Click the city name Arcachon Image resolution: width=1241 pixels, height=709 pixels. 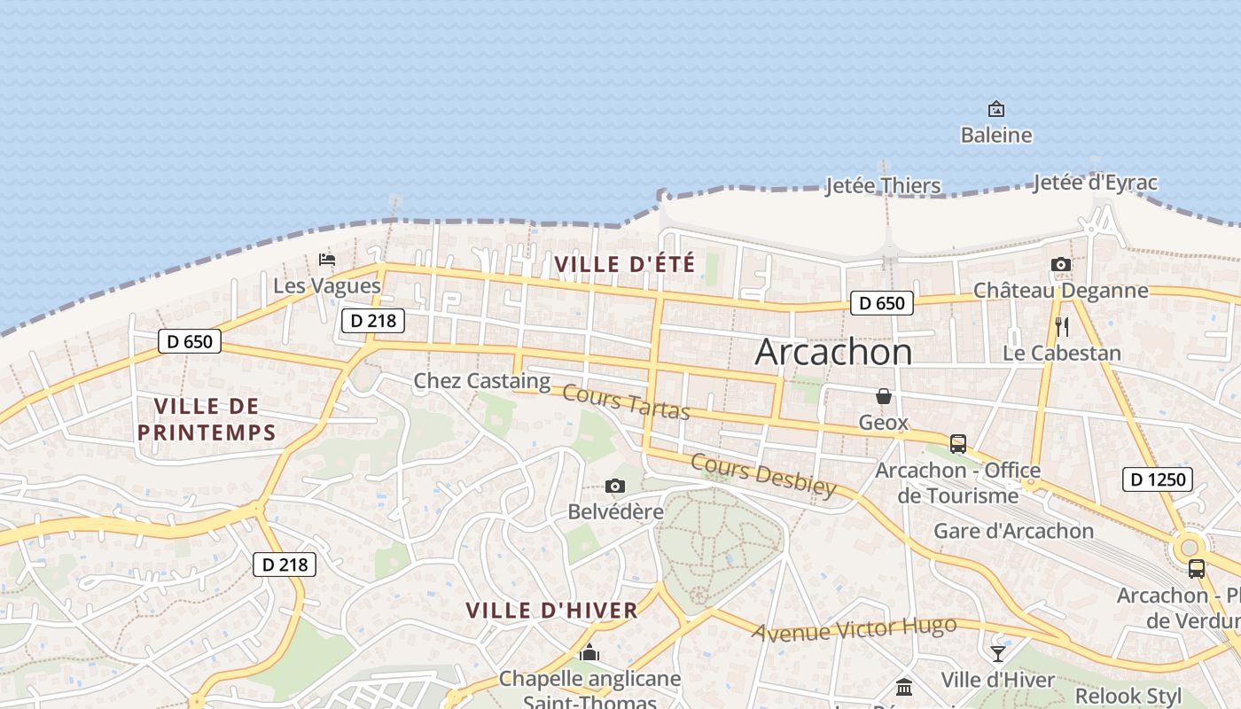[x=833, y=352]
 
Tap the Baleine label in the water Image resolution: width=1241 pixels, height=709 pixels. [x=996, y=135]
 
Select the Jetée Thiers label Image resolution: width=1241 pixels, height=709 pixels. [x=883, y=185]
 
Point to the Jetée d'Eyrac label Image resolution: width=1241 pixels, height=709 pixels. [x=1096, y=183]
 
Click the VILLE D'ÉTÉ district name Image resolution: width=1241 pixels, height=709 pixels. [x=625, y=264]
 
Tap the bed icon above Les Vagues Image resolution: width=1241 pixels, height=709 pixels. [x=327, y=260]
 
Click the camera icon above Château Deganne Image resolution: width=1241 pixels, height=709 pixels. [x=1060, y=264]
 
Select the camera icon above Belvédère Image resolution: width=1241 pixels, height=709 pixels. [x=615, y=486]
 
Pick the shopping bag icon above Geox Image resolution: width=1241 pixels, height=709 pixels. [x=884, y=396]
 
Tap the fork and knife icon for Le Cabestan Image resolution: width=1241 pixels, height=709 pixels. [x=1062, y=326]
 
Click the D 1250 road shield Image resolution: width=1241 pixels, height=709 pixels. [x=1158, y=479]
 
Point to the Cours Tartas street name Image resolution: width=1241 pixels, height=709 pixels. [x=626, y=403]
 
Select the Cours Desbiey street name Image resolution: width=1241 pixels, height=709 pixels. [x=763, y=475]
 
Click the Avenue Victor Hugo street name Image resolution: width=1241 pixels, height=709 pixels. [x=855, y=628]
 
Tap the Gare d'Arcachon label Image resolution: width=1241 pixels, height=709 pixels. [x=1014, y=531]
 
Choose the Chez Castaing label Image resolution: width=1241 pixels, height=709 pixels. [x=482, y=381]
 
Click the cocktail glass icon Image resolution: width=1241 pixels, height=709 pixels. [x=998, y=654]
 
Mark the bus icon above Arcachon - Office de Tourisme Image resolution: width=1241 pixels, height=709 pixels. [x=957, y=443]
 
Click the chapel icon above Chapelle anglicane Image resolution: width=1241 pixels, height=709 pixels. [x=589, y=654]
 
